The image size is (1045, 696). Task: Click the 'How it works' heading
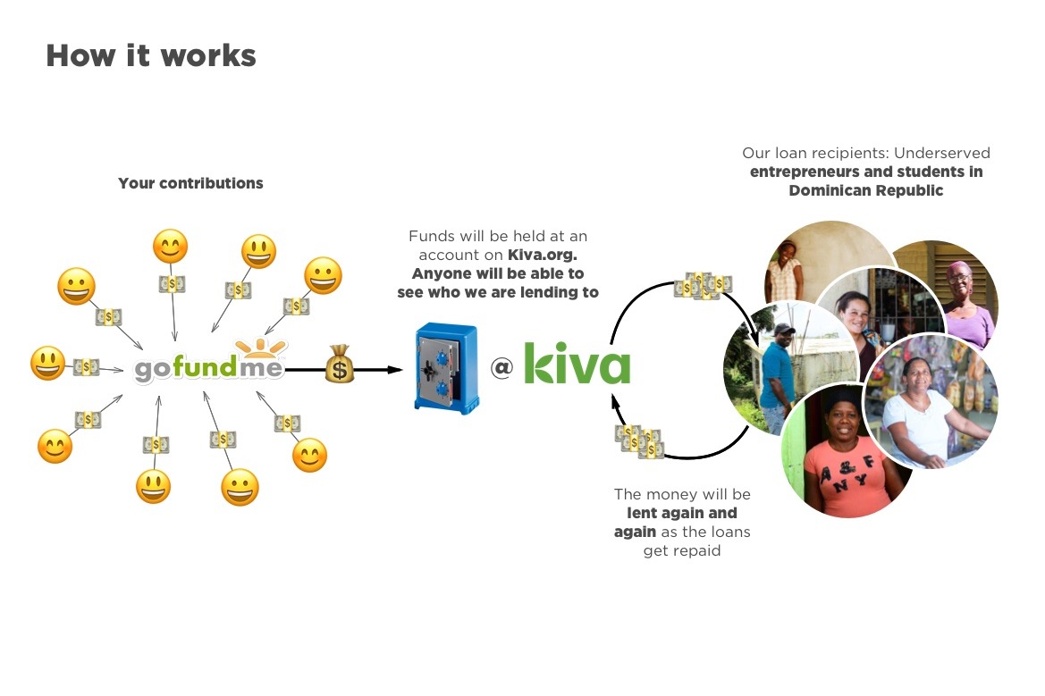pyautogui.click(x=151, y=55)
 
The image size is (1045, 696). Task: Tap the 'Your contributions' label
pyautogui.click(x=190, y=183)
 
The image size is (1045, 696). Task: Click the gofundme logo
pyautogui.click(x=208, y=368)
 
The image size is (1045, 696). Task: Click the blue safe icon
pyautogui.click(x=446, y=367)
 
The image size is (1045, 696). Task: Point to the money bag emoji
pyautogui.click(x=340, y=365)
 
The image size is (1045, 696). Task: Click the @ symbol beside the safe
pyautogui.click(x=501, y=366)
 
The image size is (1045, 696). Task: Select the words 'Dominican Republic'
pyautogui.click(x=865, y=190)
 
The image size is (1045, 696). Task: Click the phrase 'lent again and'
pyautogui.click(x=682, y=513)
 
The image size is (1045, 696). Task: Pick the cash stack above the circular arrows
pyautogui.click(x=703, y=285)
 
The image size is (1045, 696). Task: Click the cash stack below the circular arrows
pyautogui.click(x=639, y=440)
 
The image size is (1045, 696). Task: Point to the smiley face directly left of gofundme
pyautogui.click(x=46, y=364)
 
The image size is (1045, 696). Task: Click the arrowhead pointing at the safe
pyautogui.click(x=396, y=368)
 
